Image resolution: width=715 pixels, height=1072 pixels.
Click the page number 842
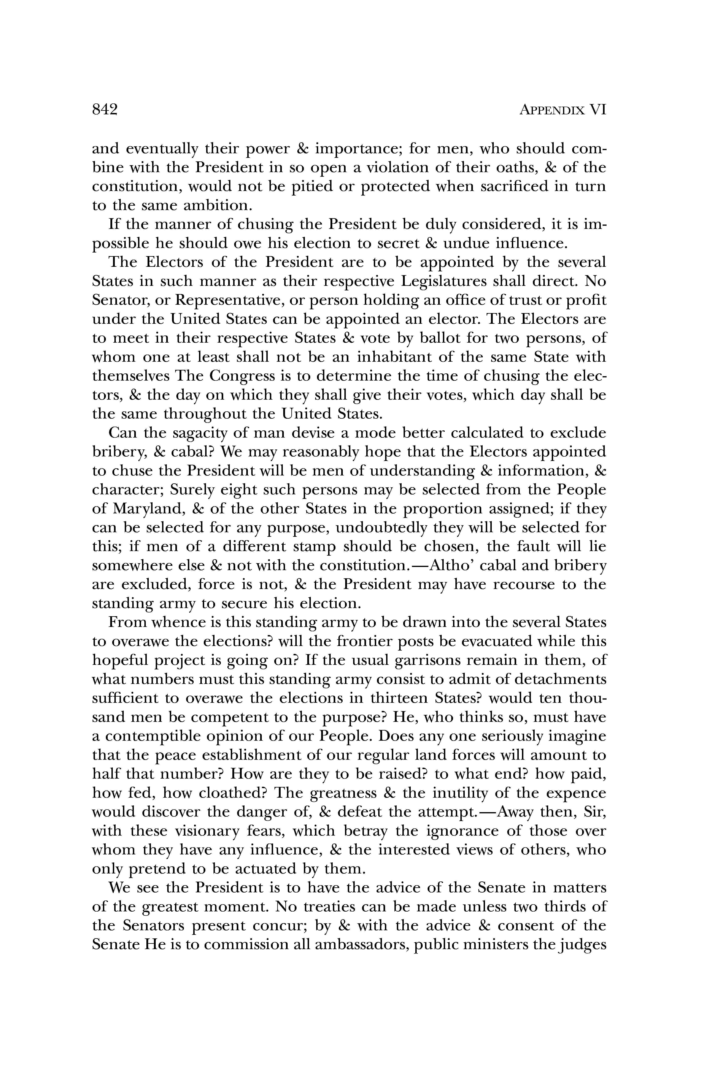point(105,110)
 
